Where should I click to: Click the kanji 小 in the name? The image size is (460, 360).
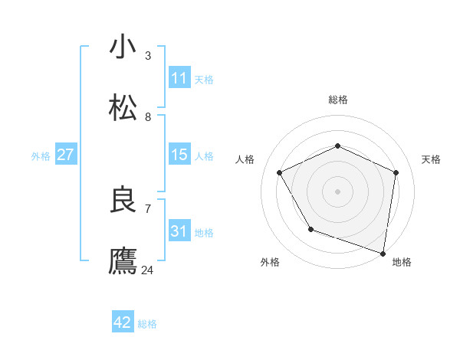coord(123,47)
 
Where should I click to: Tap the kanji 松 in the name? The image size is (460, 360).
coord(123,108)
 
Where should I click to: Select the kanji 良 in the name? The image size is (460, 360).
coord(123,200)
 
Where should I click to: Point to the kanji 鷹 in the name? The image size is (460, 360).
coord(123,261)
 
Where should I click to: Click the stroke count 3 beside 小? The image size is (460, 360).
coord(147,55)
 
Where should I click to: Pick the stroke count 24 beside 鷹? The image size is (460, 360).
coord(147,270)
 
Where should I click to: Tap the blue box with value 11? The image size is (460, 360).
coord(179,78)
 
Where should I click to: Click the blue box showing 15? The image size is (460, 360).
coord(179,155)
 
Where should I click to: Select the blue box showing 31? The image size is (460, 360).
coord(179,231)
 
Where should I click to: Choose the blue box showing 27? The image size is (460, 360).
coord(65,155)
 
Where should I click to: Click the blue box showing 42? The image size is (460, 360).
coord(122,322)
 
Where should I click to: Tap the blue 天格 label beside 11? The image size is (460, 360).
coord(204,79)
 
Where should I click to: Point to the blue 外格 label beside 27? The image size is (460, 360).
coord(41,155)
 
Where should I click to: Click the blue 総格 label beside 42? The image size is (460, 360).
coord(147,323)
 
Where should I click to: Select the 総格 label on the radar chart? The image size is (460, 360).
coord(338,100)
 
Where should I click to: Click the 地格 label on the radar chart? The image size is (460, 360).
coord(402,262)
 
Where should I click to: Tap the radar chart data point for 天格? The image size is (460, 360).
coord(396,172)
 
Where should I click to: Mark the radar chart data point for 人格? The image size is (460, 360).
coord(280,172)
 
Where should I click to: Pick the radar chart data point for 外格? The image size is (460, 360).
coord(310,229)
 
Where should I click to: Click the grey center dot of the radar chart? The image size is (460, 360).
coord(338,191)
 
